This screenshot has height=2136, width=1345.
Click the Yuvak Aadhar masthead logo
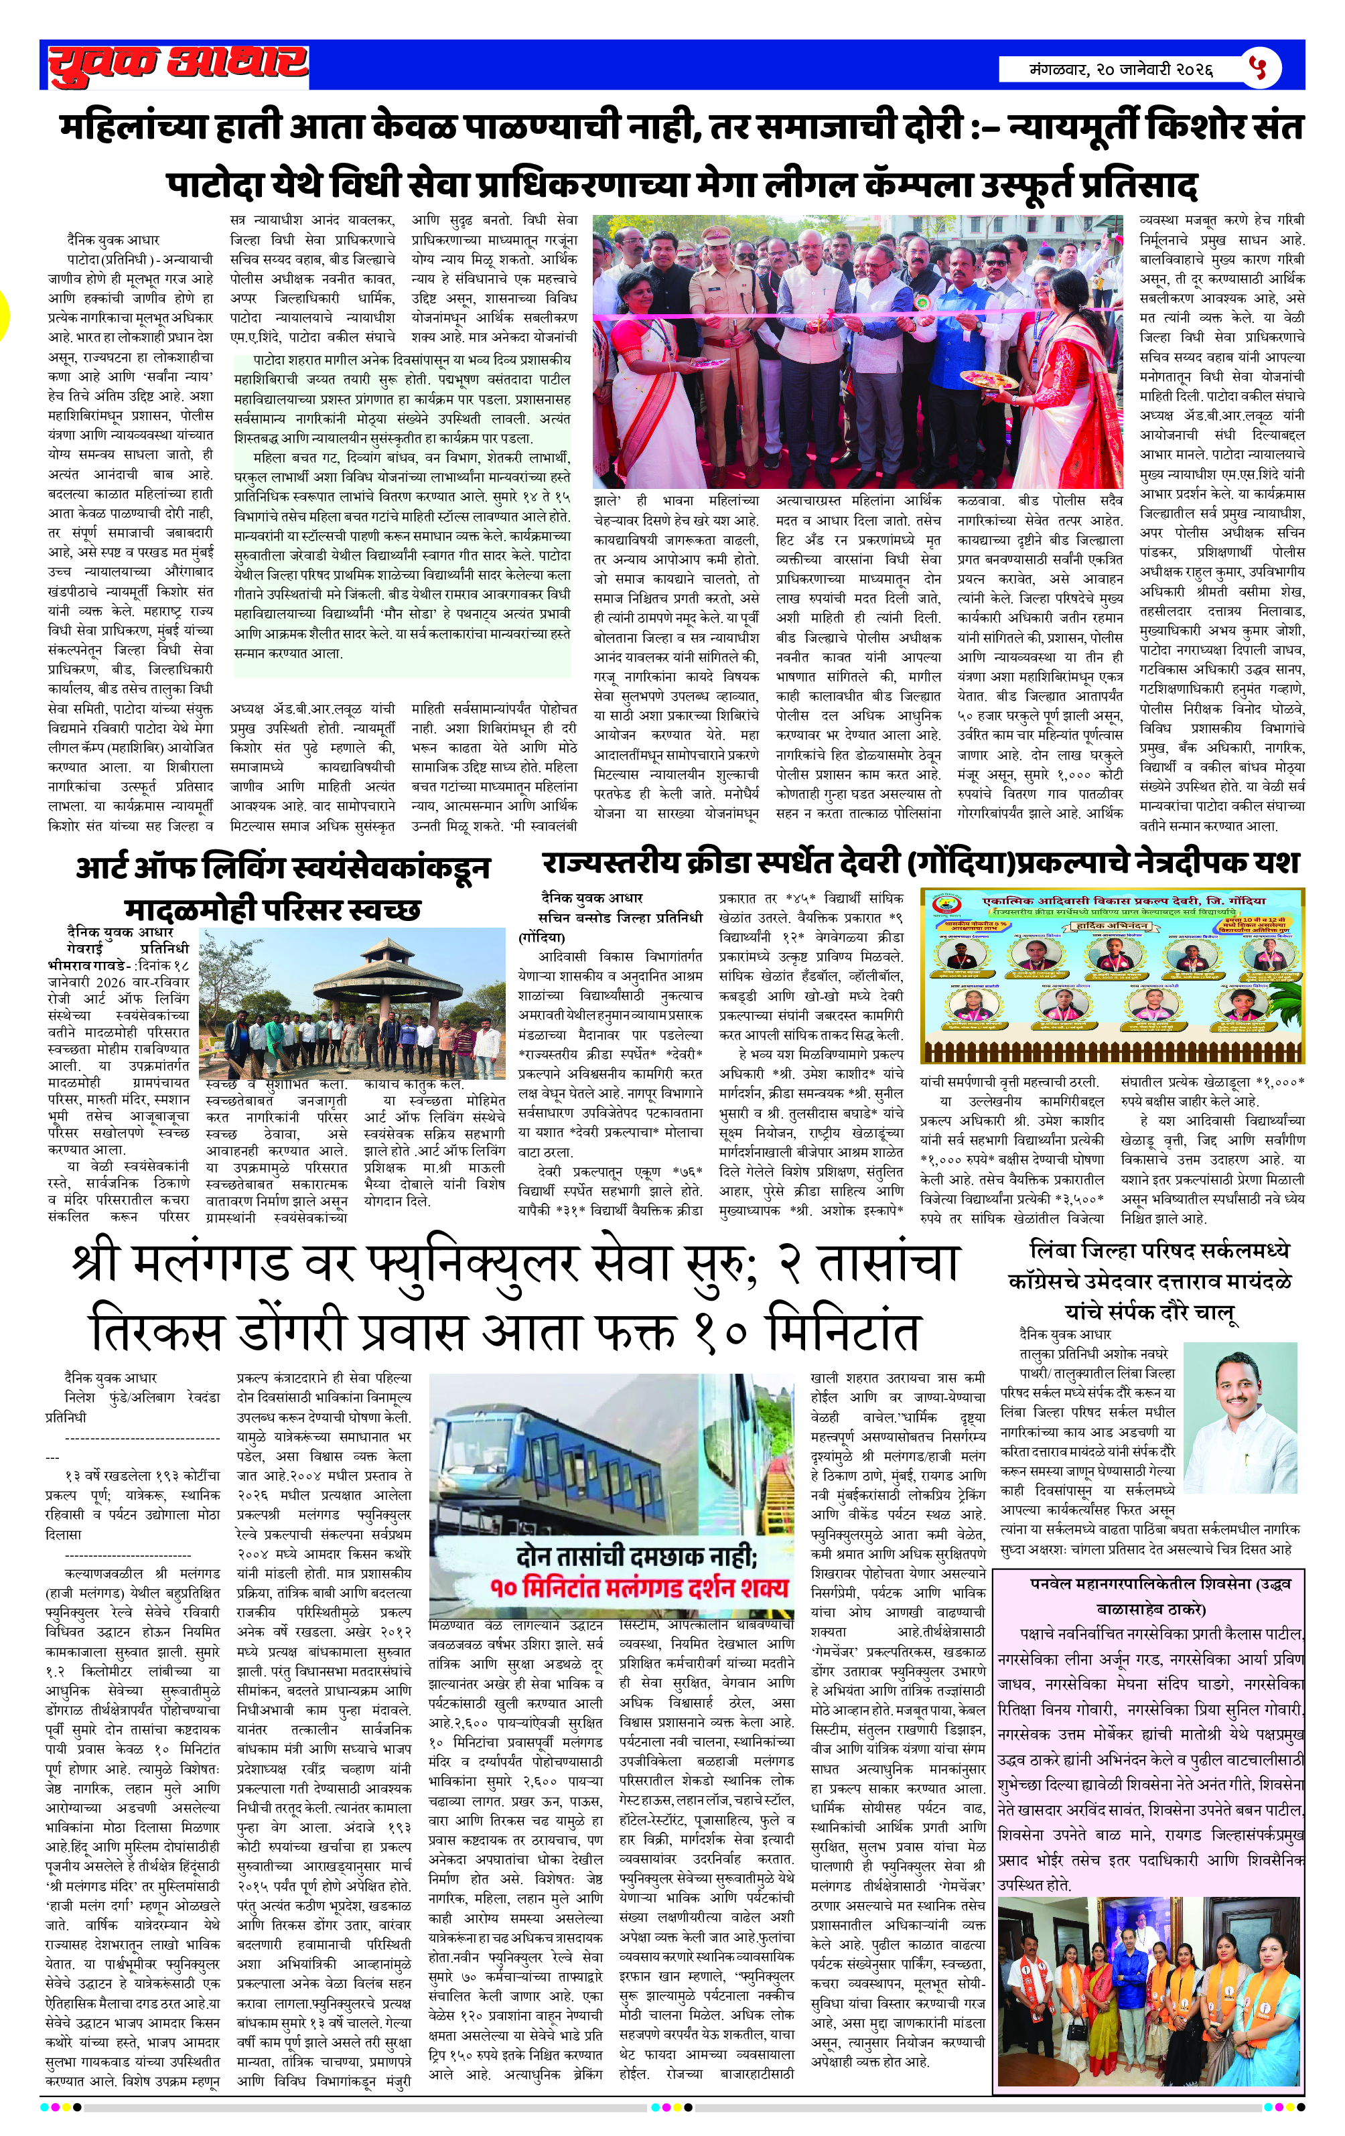pyautogui.click(x=178, y=66)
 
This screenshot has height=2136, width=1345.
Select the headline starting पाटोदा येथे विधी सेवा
pyautogui.click(x=681, y=186)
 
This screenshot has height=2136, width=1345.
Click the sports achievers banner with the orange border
pyautogui.click(x=1112, y=974)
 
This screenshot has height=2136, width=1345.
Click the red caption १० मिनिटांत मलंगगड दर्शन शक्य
pyautogui.click(x=639, y=1586)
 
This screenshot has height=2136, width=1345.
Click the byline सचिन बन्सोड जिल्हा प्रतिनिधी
pyautogui.click(x=620, y=917)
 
